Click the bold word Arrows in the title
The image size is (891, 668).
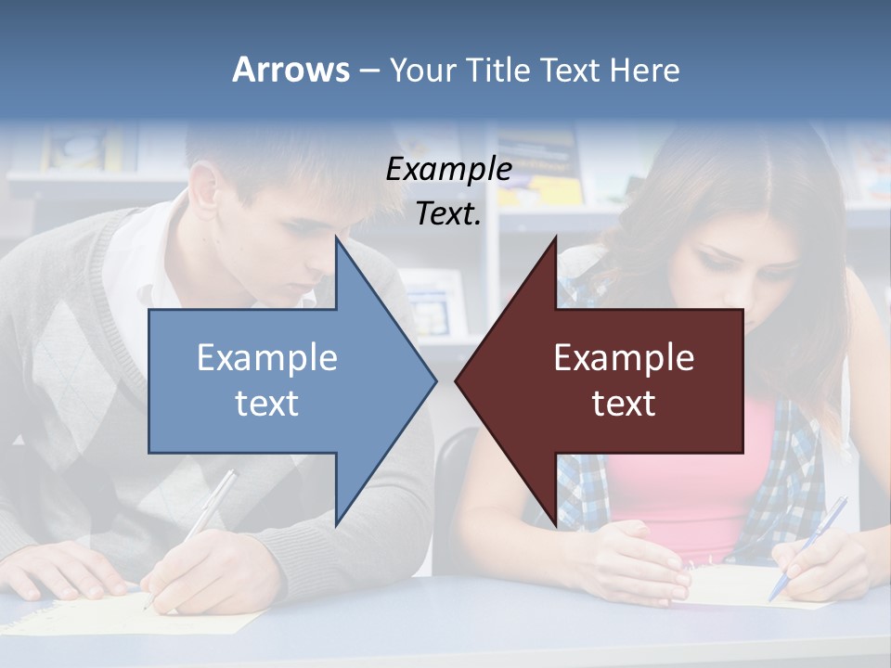pos(291,70)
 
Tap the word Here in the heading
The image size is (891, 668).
pos(645,71)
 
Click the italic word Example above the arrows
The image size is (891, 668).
pos(448,170)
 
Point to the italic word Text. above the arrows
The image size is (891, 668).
pos(448,214)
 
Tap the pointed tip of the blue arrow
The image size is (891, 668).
pos(433,380)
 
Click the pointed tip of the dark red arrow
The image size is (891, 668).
pos(458,380)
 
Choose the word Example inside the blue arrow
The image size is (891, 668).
pos(267,358)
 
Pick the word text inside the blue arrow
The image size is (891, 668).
pos(267,403)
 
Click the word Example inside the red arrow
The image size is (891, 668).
pos(624,358)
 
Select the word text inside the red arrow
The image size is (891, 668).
pos(624,403)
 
